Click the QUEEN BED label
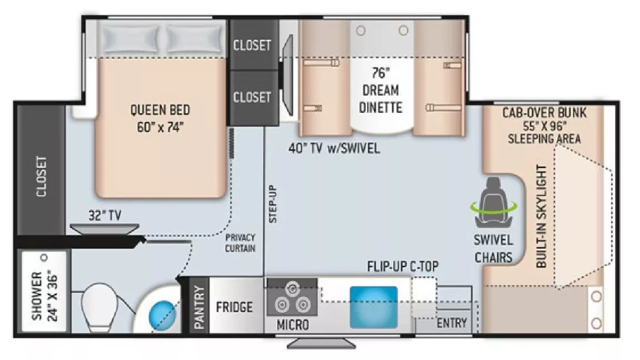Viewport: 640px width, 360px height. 159,109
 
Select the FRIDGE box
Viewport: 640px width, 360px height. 234,307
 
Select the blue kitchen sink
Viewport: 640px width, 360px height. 373,307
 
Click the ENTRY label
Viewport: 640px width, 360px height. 452,323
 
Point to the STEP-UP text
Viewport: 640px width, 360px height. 272,203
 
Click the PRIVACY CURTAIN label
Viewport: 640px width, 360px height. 240,243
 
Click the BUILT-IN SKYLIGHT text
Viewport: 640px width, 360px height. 542,217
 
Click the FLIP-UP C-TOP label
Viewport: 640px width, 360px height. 403,266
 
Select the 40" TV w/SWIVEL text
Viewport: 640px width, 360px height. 334,148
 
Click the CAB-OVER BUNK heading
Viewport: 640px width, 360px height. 544,113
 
